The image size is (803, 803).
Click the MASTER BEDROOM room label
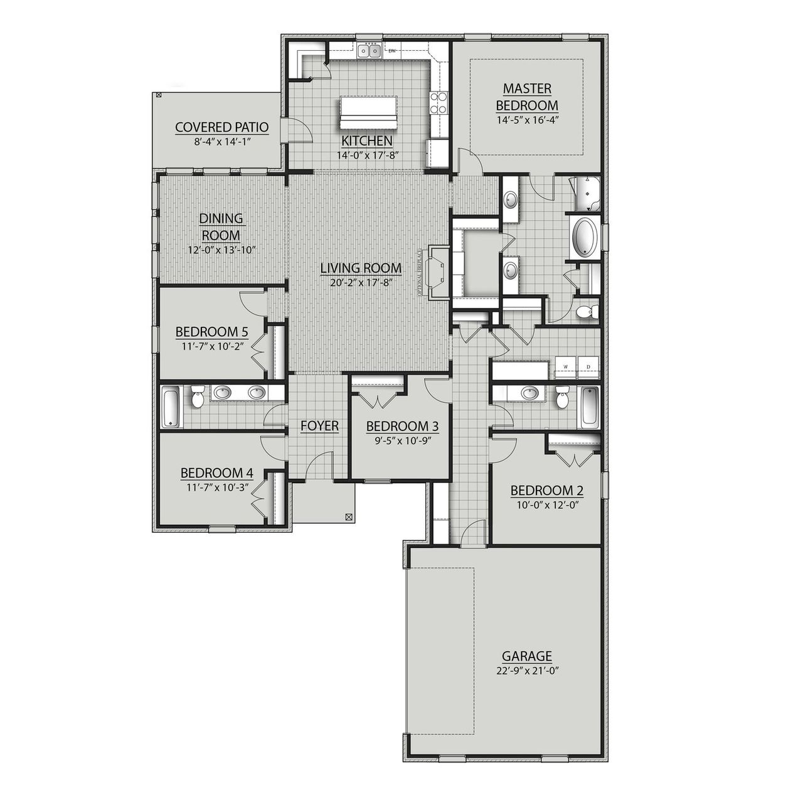(x=526, y=97)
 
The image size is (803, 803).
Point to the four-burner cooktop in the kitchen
(x=439, y=103)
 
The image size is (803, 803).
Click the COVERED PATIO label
(x=221, y=127)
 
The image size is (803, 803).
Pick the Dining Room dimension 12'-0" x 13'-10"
(x=221, y=250)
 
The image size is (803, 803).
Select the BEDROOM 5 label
(x=207, y=331)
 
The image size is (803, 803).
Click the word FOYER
(x=319, y=426)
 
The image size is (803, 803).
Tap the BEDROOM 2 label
(x=542, y=490)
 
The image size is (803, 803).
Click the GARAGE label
(x=526, y=656)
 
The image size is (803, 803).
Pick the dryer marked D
(x=588, y=368)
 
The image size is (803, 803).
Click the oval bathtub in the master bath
(x=584, y=238)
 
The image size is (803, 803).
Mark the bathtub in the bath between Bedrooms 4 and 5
(x=171, y=407)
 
